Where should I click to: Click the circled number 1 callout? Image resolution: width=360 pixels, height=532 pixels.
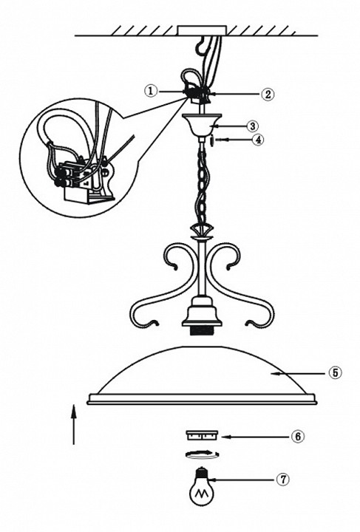pos(151,91)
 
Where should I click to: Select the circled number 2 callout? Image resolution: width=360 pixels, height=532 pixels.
pos(268,94)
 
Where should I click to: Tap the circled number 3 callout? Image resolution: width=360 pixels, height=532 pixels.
pos(252,126)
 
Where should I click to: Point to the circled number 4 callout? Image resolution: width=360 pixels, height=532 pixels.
pos(259,140)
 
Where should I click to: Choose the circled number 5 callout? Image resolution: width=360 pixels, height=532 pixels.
pos(335,373)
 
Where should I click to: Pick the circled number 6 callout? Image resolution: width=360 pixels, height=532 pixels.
pos(298,437)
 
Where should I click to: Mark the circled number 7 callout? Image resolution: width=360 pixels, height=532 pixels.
pos(282,480)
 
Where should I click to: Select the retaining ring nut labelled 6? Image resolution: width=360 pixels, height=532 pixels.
pos(202,435)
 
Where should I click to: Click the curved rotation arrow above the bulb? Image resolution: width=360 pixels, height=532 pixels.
pos(202,454)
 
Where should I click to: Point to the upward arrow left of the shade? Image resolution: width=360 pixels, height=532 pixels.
pos(74,424)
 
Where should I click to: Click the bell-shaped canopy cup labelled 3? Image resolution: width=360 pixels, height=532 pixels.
pos(202,125)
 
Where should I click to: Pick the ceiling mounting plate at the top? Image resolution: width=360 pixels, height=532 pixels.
pos(202,30)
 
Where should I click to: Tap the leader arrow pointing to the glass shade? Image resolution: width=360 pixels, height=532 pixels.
pos(298,373)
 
